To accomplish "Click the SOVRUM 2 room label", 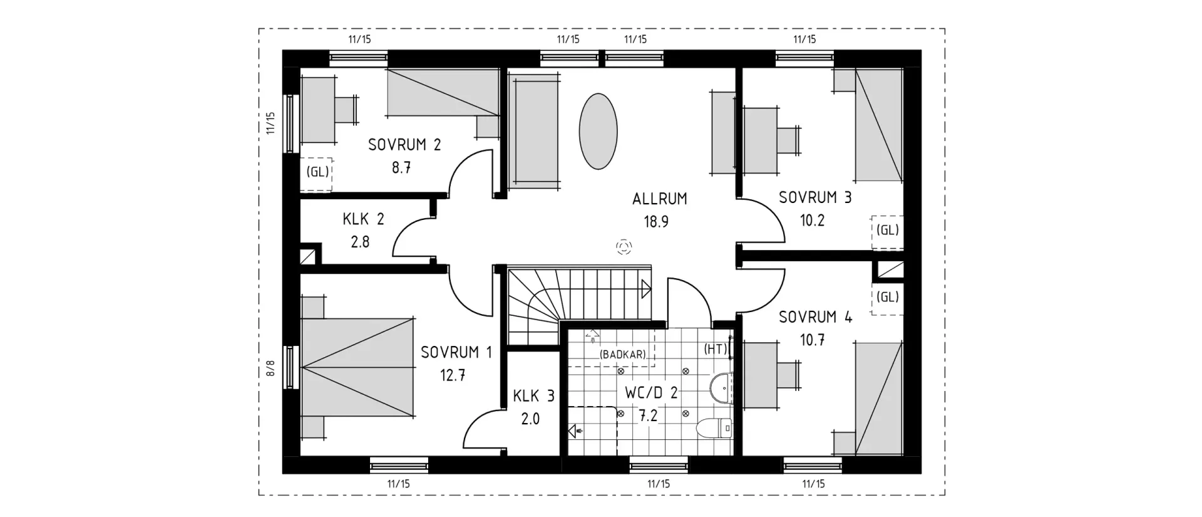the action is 404,145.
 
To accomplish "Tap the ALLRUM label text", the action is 659,199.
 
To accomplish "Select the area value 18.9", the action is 656,222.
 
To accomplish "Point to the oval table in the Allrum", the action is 598,131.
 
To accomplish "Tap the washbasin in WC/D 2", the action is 721,387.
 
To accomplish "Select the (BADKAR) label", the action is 622,355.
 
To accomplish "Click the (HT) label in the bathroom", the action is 715,349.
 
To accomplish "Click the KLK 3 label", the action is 533,396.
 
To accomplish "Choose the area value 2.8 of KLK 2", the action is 360,242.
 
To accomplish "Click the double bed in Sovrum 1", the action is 358,367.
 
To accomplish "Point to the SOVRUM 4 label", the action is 815,317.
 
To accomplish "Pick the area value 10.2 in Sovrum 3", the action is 812,221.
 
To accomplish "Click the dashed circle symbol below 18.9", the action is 624,247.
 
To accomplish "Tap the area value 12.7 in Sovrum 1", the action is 452,376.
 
